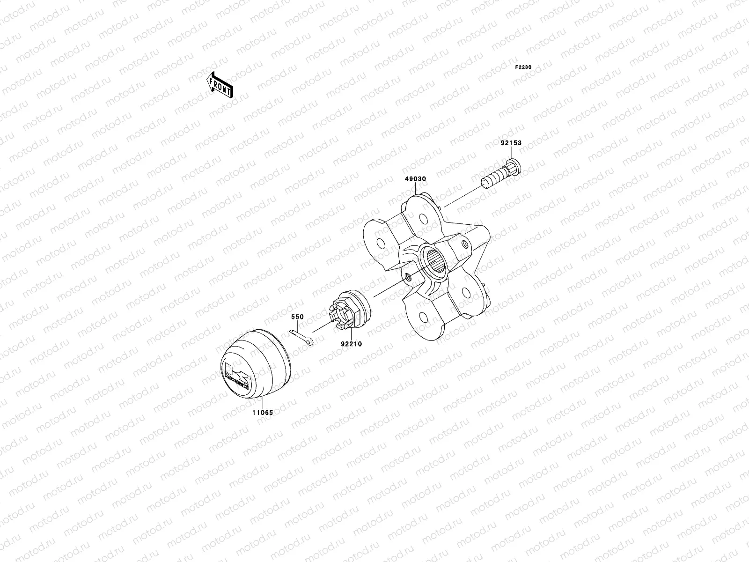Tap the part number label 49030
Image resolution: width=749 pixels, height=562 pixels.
click(x=416, y=179)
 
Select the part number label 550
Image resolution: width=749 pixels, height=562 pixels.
click(x=297, y=317)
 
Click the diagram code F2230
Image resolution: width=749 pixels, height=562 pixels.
click(x=523, y=67)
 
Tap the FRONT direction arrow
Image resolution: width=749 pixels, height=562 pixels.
click(x=220, y=85)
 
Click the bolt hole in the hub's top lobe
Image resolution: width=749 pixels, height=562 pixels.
click(x=423, y=219)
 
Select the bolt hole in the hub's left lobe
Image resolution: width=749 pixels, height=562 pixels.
click(x=381, y=243)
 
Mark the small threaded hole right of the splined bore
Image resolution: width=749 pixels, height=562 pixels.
click(x=464, y=244)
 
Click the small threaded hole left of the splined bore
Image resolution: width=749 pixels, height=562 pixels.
click(x=409, y=277)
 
